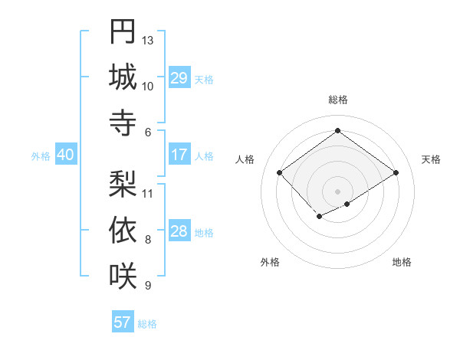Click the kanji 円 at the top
click(123, 32)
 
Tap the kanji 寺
click(123, 122)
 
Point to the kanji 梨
click(123, 184)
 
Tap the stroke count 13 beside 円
click(148, 40)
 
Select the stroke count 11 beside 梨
click(148, 193)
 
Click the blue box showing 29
click(179, 78)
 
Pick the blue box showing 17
click(179, 155)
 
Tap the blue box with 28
click(179, 231)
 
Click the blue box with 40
click(65, 155)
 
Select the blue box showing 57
click(122, 322)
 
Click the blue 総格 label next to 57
click(147, 324)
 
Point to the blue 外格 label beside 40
click(41, 156)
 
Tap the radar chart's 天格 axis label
click(431, 159)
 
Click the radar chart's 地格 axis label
click(402, 262)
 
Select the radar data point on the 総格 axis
click(337, 129)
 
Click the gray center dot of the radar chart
click(337, 191)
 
